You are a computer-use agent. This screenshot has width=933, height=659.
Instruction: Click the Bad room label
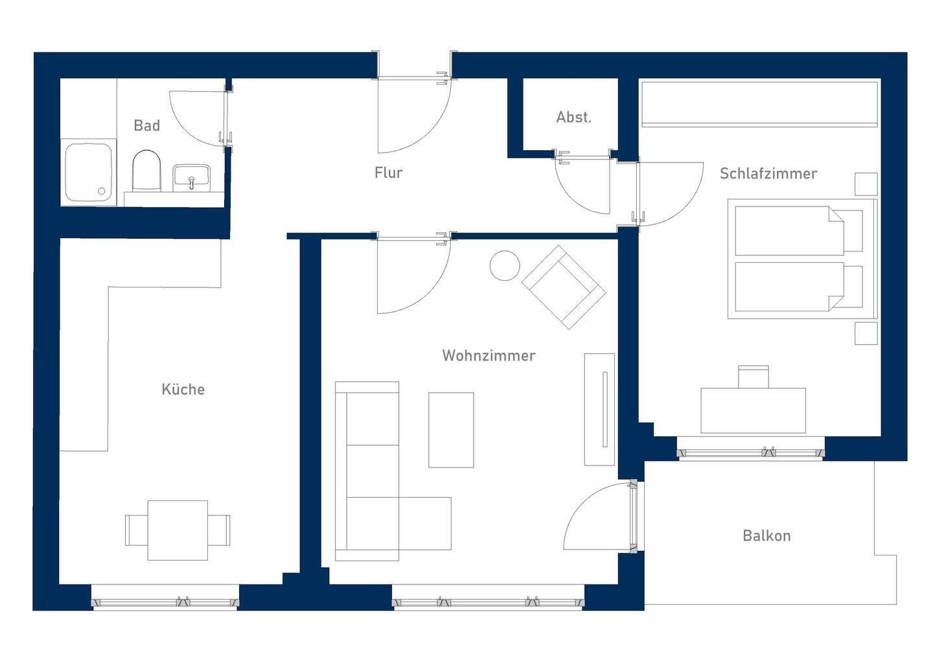click(146, 126)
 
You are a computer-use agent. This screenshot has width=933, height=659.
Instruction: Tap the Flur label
click(388, 173)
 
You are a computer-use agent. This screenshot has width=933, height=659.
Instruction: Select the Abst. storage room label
click(573, 117)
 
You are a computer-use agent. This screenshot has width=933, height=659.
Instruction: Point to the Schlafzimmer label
click(768, 173)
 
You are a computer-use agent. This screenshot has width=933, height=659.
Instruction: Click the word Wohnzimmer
click(489, 355)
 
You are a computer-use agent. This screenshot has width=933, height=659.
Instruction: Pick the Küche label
click(183, 389)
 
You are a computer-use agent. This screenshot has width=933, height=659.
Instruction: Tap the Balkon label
click(766, 536)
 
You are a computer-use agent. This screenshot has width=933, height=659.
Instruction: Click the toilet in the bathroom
click(146, 171)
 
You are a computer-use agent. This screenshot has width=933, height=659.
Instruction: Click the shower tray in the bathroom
click(88, 172)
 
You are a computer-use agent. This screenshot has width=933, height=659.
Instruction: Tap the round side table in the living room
click(505, 265)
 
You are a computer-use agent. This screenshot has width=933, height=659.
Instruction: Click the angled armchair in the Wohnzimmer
click(564, 286)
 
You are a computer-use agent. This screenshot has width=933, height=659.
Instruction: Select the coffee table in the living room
click(451, 429)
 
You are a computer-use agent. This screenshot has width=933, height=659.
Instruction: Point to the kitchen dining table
click(178, 530)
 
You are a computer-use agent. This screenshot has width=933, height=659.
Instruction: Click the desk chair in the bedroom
click(753, 377)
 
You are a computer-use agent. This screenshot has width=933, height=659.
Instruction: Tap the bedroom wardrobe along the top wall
click(759, 103)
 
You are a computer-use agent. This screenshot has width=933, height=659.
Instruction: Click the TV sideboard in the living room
click(599, 409)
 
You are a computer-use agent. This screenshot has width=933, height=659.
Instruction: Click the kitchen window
click(165, 603)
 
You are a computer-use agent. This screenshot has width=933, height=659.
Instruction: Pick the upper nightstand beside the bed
click(866, 184)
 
